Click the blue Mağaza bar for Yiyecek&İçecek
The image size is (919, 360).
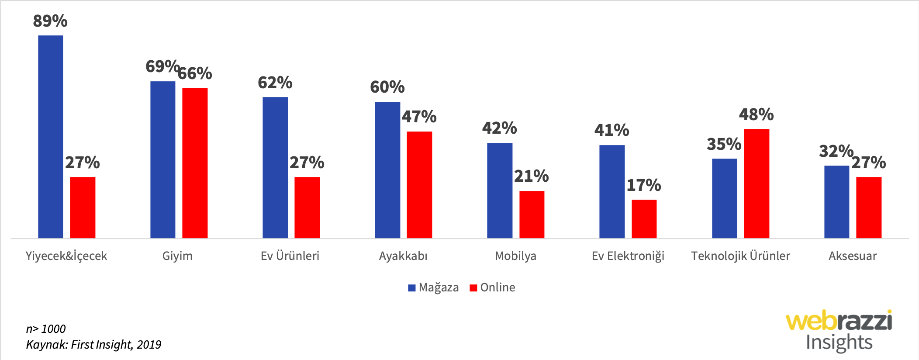(x=51, y=137)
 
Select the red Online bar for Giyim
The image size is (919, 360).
(x=195, y=163)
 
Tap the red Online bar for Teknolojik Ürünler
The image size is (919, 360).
(x=757, y=183)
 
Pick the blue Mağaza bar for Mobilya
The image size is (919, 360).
(x=500, y=190)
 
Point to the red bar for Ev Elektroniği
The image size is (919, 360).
(x=644, y=219)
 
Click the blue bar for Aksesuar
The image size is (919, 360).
(x=836, y=202)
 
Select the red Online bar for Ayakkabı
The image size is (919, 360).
(x=419, y=185)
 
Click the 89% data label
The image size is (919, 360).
(x=50, y=21)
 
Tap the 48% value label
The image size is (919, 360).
(x=756, y=114)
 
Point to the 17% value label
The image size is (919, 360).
(x=643, y=185)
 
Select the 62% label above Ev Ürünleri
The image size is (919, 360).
(x=275, y=83)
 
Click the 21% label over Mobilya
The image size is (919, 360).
(x=531, y=176)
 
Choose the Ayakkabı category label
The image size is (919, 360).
(x=403, y=256)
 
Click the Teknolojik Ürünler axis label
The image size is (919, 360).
(x=740, y=256)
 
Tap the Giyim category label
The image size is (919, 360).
(x=177, y=256)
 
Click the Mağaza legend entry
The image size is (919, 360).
(x=433, y=287)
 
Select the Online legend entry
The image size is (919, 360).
(x=493, y=287)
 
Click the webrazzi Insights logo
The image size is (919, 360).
(x=839, y=331)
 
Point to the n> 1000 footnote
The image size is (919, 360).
(x=46, y=329)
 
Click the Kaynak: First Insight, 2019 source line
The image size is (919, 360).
(x=93, y=345)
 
